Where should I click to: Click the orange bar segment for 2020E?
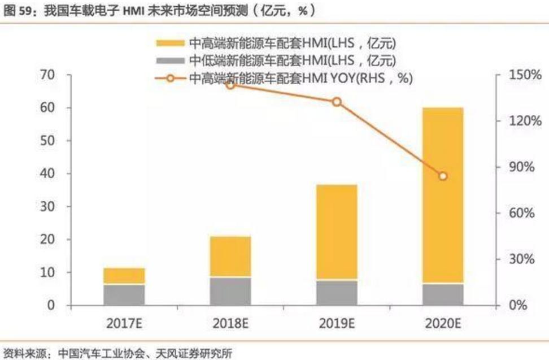[443, 195]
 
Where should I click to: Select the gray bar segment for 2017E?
[124, 294]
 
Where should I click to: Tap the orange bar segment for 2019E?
[337, 232]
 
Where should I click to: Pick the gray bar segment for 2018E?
[230, 290]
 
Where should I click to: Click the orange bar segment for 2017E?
[124, 276]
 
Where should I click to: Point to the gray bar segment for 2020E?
[443, 294]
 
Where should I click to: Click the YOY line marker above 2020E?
[443, 176]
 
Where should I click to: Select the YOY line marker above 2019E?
[337, 102]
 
